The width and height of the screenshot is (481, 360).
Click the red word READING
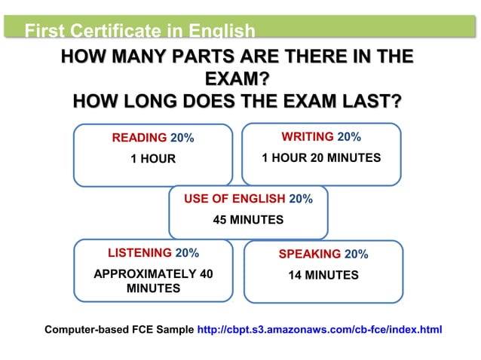(x=139, y=138)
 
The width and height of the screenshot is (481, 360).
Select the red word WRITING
(x=308, y=136)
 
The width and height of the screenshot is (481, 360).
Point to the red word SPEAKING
(x=310, y=255)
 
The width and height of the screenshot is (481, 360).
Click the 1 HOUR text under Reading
(x=152, y=159)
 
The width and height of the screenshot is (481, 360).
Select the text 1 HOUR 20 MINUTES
(x=320, y=157)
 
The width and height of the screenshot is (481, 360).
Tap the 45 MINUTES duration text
(x=248, y=220)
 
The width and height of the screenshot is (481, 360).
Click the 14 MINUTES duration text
(x=323, y=276)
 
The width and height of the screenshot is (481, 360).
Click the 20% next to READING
(x=182, y=138)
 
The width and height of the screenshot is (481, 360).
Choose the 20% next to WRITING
(x=349, y=136)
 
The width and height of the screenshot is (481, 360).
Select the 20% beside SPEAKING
(x=356, y=255)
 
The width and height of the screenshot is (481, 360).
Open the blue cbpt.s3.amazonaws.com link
(x=319, y=329)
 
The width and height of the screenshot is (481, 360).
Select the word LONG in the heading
(x=140, y=102)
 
